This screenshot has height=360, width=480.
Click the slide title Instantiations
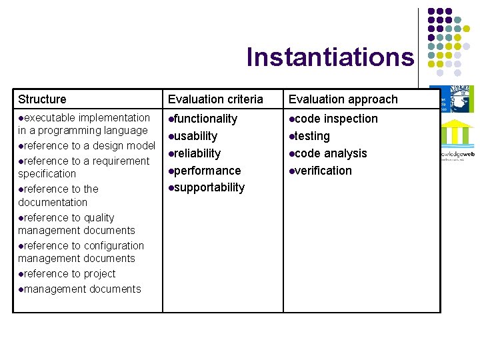coord(330,57)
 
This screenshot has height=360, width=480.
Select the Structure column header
coord(43,99)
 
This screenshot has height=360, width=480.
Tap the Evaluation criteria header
coord(215,99)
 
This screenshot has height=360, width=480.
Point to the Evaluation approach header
coord(343,99)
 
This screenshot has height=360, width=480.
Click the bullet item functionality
coord(205,119)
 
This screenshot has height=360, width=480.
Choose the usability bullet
coord(195,136)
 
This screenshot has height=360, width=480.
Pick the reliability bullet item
coord(197,153)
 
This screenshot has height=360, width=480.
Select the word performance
coord(207,171)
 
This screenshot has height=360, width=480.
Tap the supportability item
coord(209,187)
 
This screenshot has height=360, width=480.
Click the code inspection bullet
coord(335,119)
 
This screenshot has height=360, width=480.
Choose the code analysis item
coord(331,153)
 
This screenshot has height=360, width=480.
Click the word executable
coord(49,118)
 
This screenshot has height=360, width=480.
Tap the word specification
coord(47,173)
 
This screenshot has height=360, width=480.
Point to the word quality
coord(99,217)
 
